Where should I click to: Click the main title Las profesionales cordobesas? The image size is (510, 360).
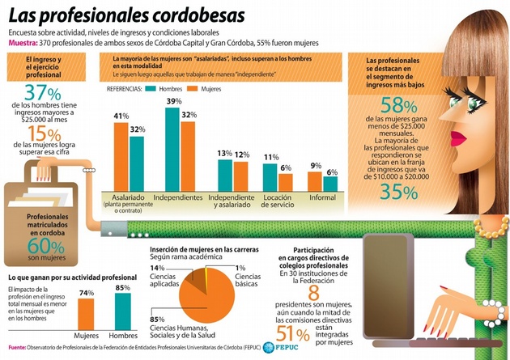click(x=118, y=15)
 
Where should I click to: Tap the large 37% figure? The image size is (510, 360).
click(x=42, y=91)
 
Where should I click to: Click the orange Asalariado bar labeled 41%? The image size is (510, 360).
click(x=121, y=157)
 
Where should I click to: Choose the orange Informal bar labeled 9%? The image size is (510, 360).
click(x=315, y=182)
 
